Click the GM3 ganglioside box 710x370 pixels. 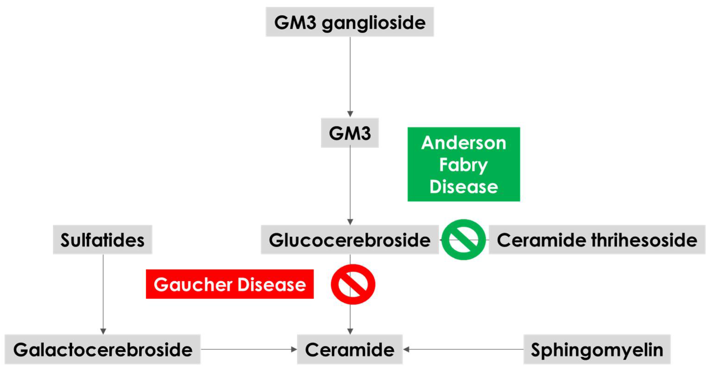click(349, 22)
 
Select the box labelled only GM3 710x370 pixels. click(349, 133)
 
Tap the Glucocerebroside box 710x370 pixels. click(349, 240)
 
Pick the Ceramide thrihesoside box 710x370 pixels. click(597, 240)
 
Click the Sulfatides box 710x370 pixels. click(102, 240)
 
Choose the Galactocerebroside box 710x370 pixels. click(103, 349)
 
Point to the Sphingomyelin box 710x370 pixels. click(597, 349)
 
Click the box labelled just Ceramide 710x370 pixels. click(349, 349)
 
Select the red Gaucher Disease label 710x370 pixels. click(230, 284)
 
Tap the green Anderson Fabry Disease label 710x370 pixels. click(464, 164)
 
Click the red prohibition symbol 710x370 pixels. click(353, 284)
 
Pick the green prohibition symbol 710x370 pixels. click(464, 239)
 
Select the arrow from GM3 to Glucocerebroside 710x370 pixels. click(350, 185)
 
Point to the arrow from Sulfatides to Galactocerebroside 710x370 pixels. click(103, 293)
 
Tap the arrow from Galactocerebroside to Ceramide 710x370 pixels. click(248, 349)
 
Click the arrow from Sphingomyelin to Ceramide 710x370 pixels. click(463, 349)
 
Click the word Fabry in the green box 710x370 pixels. click(464, 165)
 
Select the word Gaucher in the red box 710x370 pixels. click(193, 284)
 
